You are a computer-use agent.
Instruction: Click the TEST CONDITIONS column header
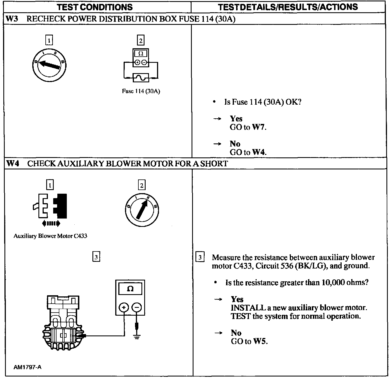tap(95, 7)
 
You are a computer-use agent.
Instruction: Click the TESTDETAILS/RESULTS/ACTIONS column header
tap(288, 7)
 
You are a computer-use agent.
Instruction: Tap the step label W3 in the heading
tap(12, 19)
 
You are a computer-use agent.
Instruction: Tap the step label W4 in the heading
tap(13, 164)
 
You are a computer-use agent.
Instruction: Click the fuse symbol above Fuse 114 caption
tap(141, 78)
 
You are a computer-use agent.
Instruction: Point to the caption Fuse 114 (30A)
tap(141, 91)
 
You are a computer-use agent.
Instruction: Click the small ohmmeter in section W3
tap(141, 58)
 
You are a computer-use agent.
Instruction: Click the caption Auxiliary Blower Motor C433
tap(50, 236)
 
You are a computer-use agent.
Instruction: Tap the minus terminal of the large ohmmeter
tap(136, 307)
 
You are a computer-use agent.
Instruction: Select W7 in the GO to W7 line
tap(259, 127)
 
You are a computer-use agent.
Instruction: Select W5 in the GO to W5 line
tap(260, 341)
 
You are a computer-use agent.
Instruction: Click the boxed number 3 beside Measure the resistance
tap(200, 257)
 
